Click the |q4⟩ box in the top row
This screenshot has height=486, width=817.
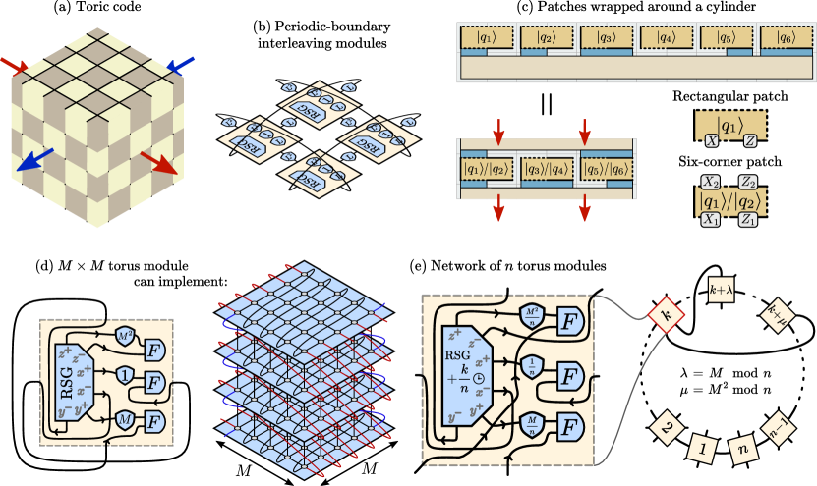click(x=666, y=38)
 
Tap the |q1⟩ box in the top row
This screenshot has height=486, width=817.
click(x=485, y=38)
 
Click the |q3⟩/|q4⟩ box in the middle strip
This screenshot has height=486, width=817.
click(x=546, y=167)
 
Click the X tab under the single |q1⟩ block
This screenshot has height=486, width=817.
click(x=710, y=141)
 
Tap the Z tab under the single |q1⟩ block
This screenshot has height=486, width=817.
click(x=749, y=141)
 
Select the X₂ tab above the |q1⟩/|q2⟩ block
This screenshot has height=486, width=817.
click(x=710, y=182)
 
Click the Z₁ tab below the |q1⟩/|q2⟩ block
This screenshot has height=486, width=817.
click(x=749, y=220)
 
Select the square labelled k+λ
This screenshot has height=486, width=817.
click(x=723, y=290)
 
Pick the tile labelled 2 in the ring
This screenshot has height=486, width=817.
click(x=667, y=429)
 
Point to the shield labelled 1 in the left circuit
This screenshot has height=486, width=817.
click(x=126, y=374)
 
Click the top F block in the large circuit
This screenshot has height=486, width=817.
click(x=568, y=320)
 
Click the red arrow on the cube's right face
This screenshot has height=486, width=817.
click(x=158, y=162)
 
